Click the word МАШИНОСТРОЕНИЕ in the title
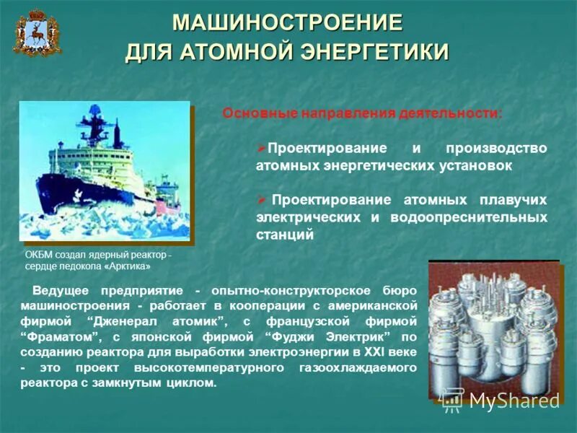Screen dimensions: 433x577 [x=287, y=22]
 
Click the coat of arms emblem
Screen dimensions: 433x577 [x=37, y=33]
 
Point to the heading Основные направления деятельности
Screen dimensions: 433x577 [x=362, y=113]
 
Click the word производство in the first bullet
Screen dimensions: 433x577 [x=496, y=148]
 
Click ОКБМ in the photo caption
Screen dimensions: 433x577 [x=38, y=255]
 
